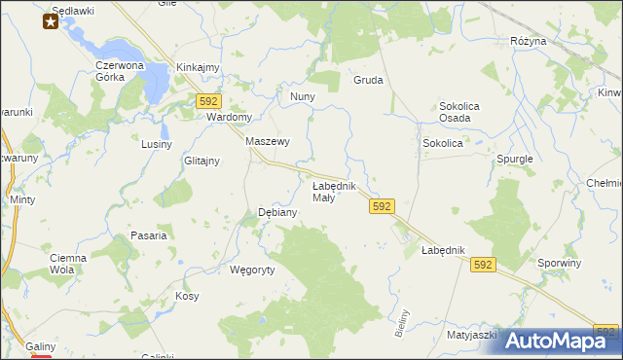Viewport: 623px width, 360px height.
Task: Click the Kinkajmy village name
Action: (198, 67)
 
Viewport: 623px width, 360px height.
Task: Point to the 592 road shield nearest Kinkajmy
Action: (208, 100)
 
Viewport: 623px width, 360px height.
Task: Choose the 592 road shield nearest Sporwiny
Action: (483, 264)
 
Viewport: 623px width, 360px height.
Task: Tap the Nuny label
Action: (302, 97)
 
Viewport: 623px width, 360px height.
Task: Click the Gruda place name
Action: (368, 81)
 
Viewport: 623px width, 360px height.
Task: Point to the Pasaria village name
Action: (149, 235)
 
